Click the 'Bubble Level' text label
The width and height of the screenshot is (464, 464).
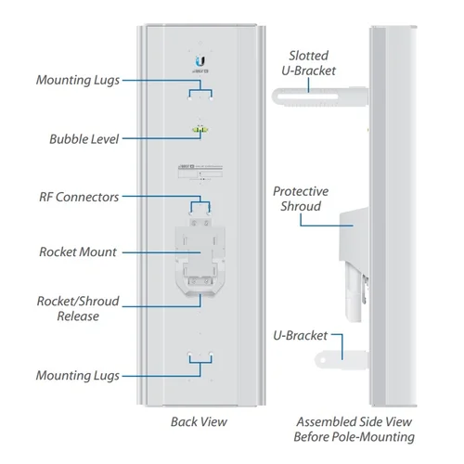(x=84, y=139)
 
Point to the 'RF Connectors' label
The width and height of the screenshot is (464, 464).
(x=79, y=196)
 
